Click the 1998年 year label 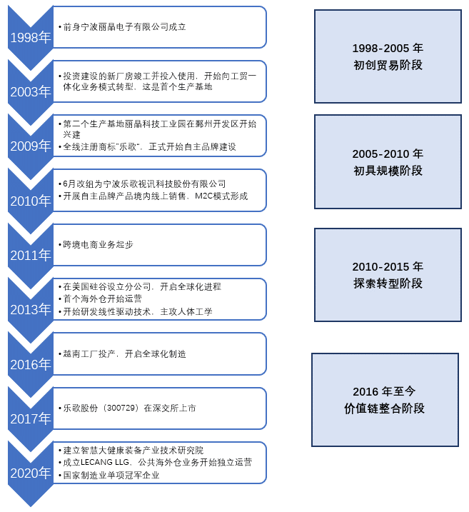31,38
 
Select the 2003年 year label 31,91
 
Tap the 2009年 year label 31,146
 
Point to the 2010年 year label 31,201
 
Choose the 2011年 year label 31,255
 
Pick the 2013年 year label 31,309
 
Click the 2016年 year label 31,364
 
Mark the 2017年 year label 31,418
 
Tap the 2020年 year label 31,473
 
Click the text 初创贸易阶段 388,65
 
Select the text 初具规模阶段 388,171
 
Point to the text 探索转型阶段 388,283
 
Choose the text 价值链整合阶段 385,408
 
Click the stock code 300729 121,408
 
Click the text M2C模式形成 221,196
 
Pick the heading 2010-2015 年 388,266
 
